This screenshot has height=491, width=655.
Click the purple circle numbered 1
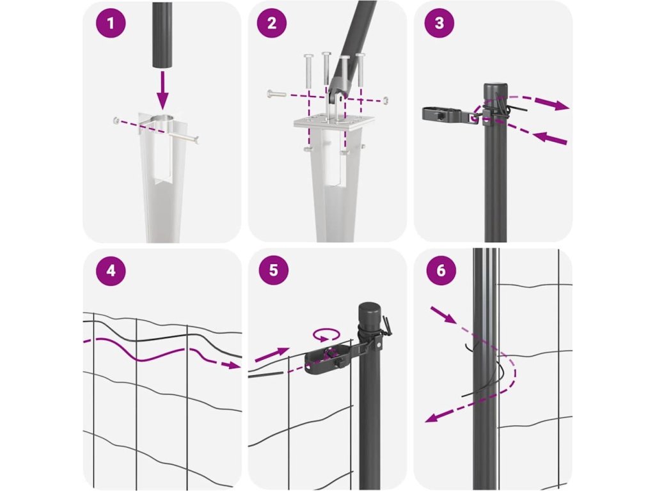[x=111, y=23]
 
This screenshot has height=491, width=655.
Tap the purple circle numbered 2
[x=272, y=23]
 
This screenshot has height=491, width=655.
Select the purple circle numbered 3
[x=439, y=23]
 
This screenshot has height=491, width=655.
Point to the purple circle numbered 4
[x=111, y=270]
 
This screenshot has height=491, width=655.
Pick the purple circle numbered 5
[x=274, y=270]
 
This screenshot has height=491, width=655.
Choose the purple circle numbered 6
[x=441, y=270]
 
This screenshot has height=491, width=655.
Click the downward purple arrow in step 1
[x=162, y=90]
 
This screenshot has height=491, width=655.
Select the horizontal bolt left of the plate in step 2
[x=276, y=94]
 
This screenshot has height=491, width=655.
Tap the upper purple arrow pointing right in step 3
[x=551, y=103]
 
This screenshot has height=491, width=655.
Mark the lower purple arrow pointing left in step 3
[x=551, y=138]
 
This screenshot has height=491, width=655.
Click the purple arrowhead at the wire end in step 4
[x=233, y=365]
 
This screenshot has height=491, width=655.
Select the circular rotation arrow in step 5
[x=326, y=334]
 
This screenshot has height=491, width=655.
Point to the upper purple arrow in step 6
[x=443, y=315]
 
